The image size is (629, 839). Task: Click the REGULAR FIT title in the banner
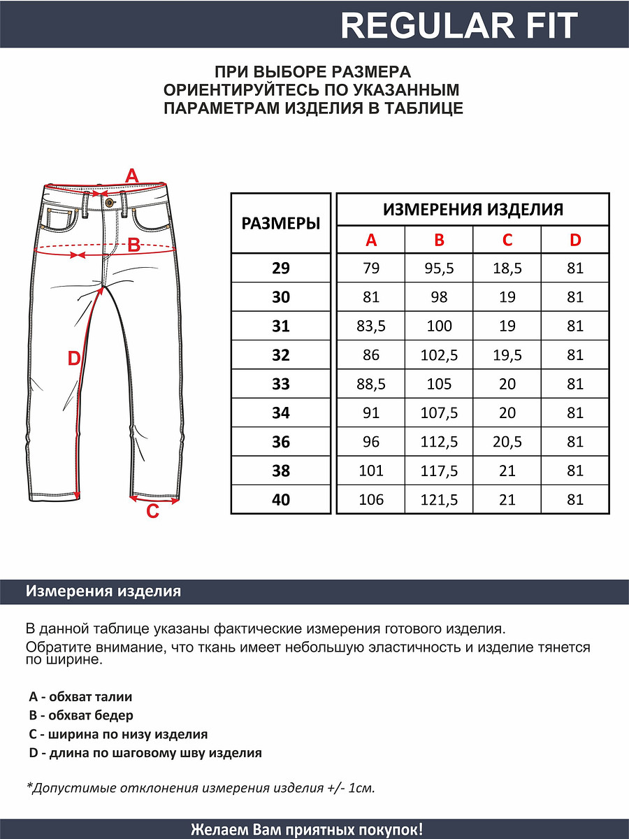pyautogui.click(x=459, y=26)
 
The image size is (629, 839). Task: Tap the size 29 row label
pyautogui.click(x=280, y=268)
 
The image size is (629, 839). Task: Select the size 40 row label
pyautogui.click(x=280, y=500)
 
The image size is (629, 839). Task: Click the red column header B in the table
pyautogui.click(x=439, y=241)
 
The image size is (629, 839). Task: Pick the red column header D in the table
pyautogui.click(x=575, y=241)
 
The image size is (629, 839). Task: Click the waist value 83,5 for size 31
pyautogui.click(x=371, y=326)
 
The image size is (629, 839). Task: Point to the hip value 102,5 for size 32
pyautogui.click(x=439, y=355)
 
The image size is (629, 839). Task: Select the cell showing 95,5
pyautogui.click(x=439, y=268)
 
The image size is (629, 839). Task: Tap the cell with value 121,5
pyautogui.click(x=439, y=500)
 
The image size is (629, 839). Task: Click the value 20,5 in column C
pyautogui.click(x=507, y=442)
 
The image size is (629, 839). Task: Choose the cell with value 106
pyautogui.click(x=371, y=500)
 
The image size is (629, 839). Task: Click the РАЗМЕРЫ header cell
pyautogui.click(x=280, y=224)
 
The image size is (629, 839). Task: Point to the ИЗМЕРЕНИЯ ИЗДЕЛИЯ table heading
pyautogui.click(x=473, y=210)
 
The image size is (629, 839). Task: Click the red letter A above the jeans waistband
pyautogui.click(x=132, y=175)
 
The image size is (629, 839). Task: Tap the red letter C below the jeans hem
pyautogui.click(x=152, y=512)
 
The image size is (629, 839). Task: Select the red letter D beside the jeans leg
pyautogui.click(x=74, y=359)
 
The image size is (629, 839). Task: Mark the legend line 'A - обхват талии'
pyautogui.click(x=80, y=696)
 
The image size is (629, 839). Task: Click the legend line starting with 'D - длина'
pyautogui.click(x=145, y=753)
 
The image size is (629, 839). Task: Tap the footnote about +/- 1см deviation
pyautogui.click(x=201, y=788)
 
